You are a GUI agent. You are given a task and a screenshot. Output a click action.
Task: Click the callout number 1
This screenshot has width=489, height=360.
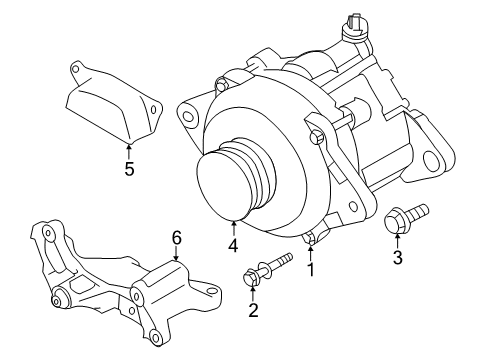310,269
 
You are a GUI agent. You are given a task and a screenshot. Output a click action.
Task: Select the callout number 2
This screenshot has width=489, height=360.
253,311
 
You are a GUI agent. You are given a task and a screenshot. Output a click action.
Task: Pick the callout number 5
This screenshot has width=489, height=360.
129,169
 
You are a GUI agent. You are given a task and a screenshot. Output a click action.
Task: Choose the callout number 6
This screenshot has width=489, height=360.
176,237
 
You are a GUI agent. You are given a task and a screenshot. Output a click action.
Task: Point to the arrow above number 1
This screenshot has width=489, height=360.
310,248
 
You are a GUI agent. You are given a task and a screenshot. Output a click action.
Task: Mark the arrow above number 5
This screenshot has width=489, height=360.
129,149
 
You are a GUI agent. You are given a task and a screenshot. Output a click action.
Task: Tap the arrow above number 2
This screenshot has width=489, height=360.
253,291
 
